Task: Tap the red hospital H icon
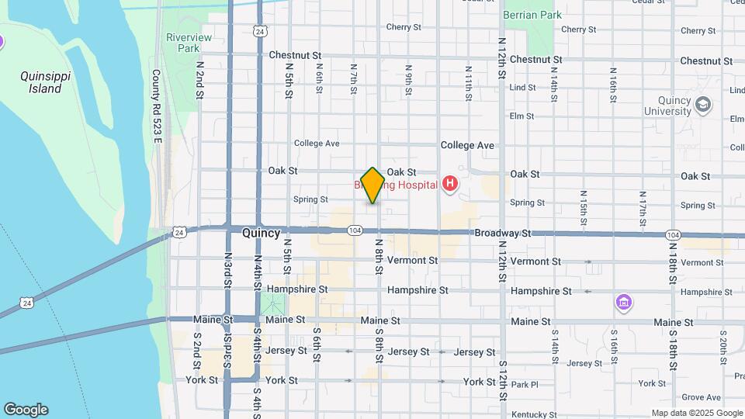tap(449, 184)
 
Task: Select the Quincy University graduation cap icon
tap(703, 105)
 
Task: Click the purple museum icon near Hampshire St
tap(622, 302)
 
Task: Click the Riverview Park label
tap(182, 43)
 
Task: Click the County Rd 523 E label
tap(156, 106)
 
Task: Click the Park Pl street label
tap(525, 384)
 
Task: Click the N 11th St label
tap(469, 79)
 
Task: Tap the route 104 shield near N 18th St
tap(672, 234)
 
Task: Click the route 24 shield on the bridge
tap(26, 302)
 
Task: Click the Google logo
tap(26, 410)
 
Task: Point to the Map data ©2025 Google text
tap(697, 414)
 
